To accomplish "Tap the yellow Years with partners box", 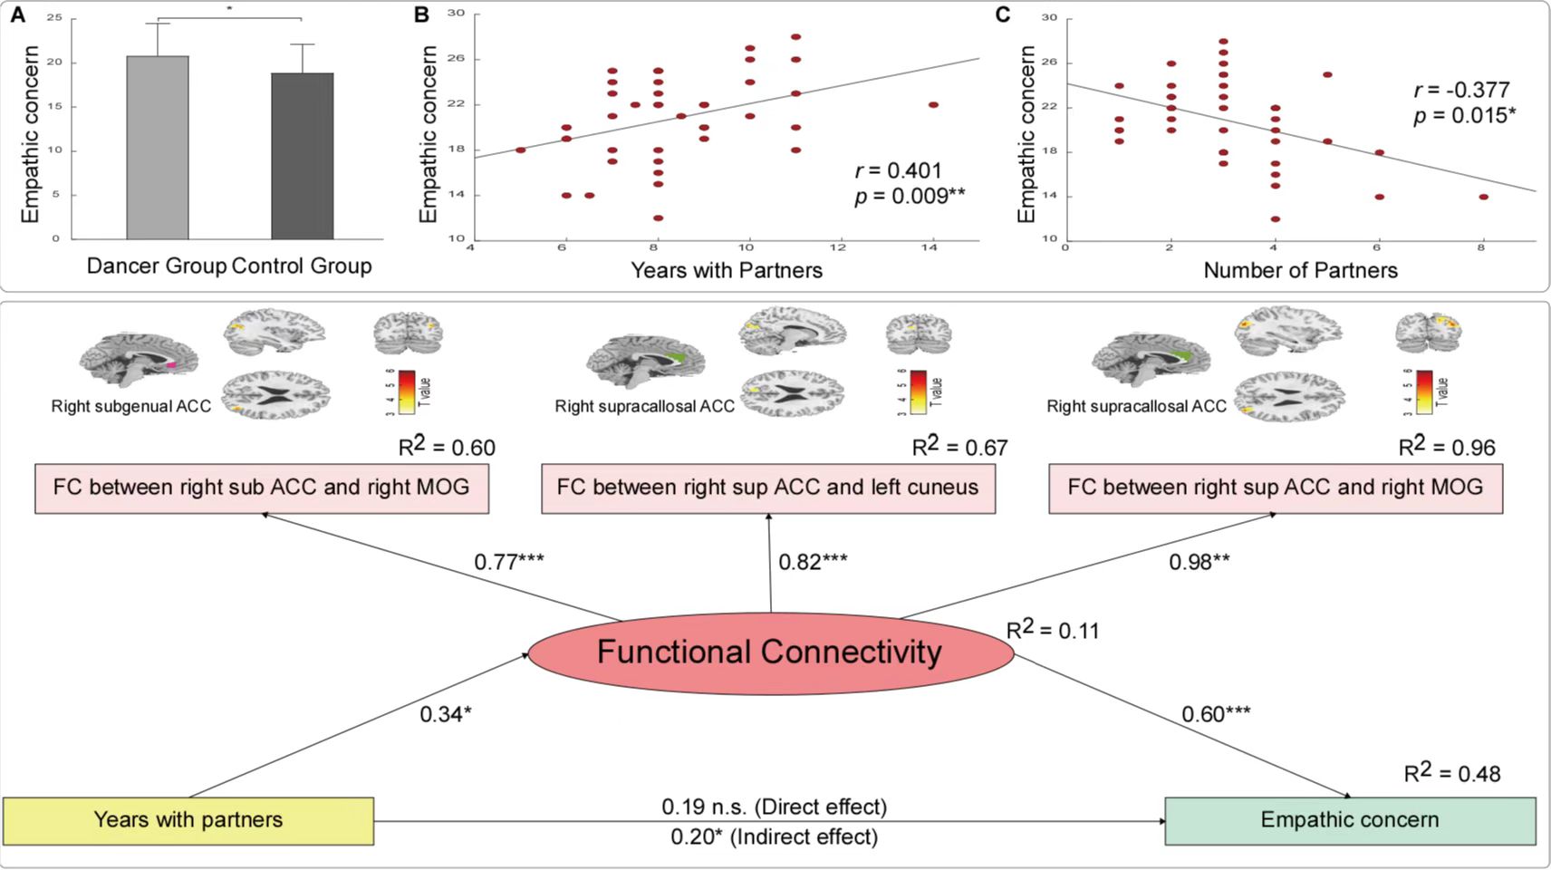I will pos(188,820).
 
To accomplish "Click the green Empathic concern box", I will pos(1350,820).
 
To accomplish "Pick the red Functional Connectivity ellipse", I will pos(770,652).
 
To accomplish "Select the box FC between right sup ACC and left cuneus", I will pos(768,488).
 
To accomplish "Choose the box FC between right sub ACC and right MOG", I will pos(262,488).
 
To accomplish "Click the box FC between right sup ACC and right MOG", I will pos(1276,488).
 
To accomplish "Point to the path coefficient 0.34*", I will pos(446,714).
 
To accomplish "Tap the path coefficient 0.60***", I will pos(1216,714).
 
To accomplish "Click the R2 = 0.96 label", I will pos(1447,447).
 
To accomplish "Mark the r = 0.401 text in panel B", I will pos(899,170).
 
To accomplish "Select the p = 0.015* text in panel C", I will pos(1465,115).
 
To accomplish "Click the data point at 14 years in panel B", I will pos(933,105).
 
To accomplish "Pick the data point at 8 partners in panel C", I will pos(1484,197).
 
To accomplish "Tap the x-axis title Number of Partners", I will pos(1300,270).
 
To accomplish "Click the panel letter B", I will pos(421,14).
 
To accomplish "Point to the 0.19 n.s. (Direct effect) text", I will pos(774,807).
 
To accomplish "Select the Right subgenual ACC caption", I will pos(131,406).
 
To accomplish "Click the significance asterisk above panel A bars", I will pos(229,9).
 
